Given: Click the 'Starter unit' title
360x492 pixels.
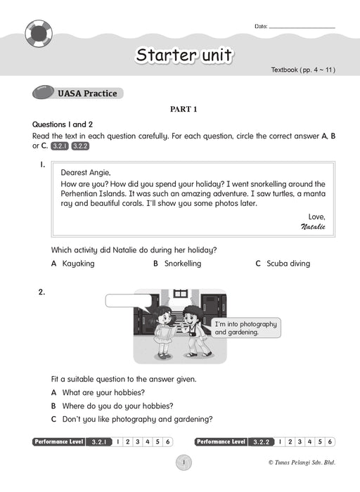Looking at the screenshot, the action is click(x=184, y=56).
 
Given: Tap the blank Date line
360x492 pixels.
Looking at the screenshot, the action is click(x=302, y=28).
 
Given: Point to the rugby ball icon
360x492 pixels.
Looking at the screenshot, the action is click(x=43, y=92).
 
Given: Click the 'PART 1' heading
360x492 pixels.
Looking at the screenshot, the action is click(x=184, y=109).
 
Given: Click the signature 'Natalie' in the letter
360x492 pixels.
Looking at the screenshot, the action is click(x=313, y=226).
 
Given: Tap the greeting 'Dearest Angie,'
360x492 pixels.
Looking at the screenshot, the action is click(x=86, y=173).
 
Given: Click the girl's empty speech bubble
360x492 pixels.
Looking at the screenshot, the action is click(x=129, y=301).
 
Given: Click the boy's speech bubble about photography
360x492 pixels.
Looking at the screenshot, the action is click(x=246, y=328).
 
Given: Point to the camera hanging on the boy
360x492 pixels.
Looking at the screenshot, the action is click(x=193, y=333).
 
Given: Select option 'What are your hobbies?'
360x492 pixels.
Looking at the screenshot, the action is click(x=98, y=392).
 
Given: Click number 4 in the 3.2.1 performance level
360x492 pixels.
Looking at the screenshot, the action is click(x=148, y=442).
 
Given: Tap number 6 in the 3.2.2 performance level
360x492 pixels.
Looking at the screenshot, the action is click(x=330, y=442).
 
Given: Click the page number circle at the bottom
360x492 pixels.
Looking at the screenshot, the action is click(x=184, y=462).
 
